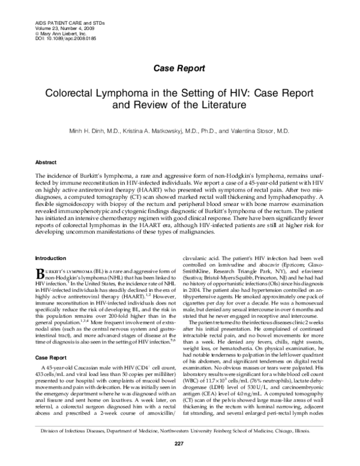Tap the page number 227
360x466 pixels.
(178, 459)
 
